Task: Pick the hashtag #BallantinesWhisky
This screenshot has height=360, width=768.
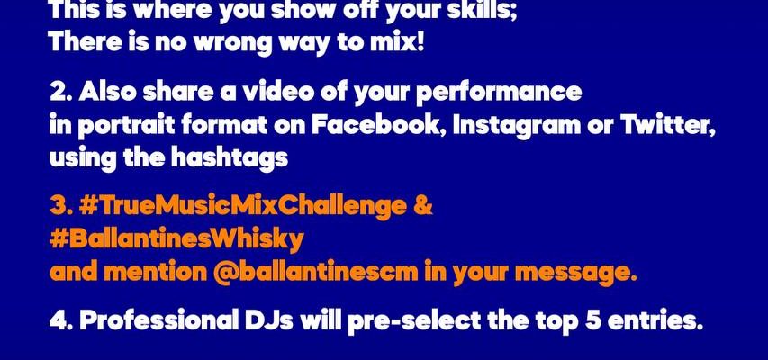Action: (176, 240)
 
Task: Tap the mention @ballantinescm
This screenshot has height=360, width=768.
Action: (315, 272)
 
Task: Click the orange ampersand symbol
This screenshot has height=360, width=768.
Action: (422, 206)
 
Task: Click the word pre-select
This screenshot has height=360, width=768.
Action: (414, 322)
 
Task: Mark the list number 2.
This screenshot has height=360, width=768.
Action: (60, 92)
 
